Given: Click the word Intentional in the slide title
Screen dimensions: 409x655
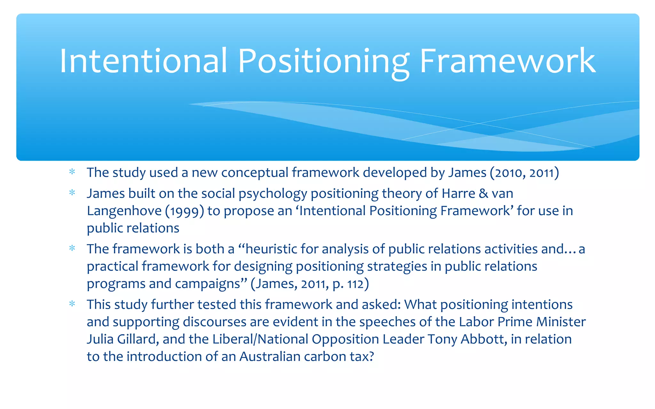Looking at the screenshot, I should coord(143,61).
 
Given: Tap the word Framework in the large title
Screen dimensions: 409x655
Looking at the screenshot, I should coord(507,61).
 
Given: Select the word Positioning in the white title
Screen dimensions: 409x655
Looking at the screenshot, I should coord(323,61).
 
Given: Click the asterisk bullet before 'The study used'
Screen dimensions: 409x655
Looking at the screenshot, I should coord(72,172).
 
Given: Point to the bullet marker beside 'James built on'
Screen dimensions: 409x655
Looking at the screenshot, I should coord(72,193).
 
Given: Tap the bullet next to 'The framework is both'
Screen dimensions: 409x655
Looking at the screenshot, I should coord(72,249).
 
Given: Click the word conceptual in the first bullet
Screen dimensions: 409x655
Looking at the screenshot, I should coord(255,173).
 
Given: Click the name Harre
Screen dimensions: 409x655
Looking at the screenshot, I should coord(458,193).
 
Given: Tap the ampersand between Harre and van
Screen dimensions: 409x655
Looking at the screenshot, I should coord(484,193).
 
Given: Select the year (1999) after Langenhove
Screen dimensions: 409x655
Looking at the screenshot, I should coord(185,211).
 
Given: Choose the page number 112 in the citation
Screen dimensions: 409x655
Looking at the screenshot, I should coord(355,284).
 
